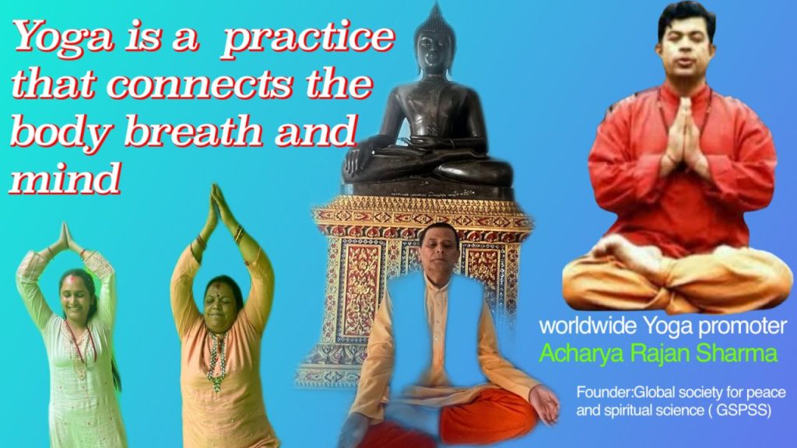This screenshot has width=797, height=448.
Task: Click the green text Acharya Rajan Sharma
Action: (658, 354)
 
